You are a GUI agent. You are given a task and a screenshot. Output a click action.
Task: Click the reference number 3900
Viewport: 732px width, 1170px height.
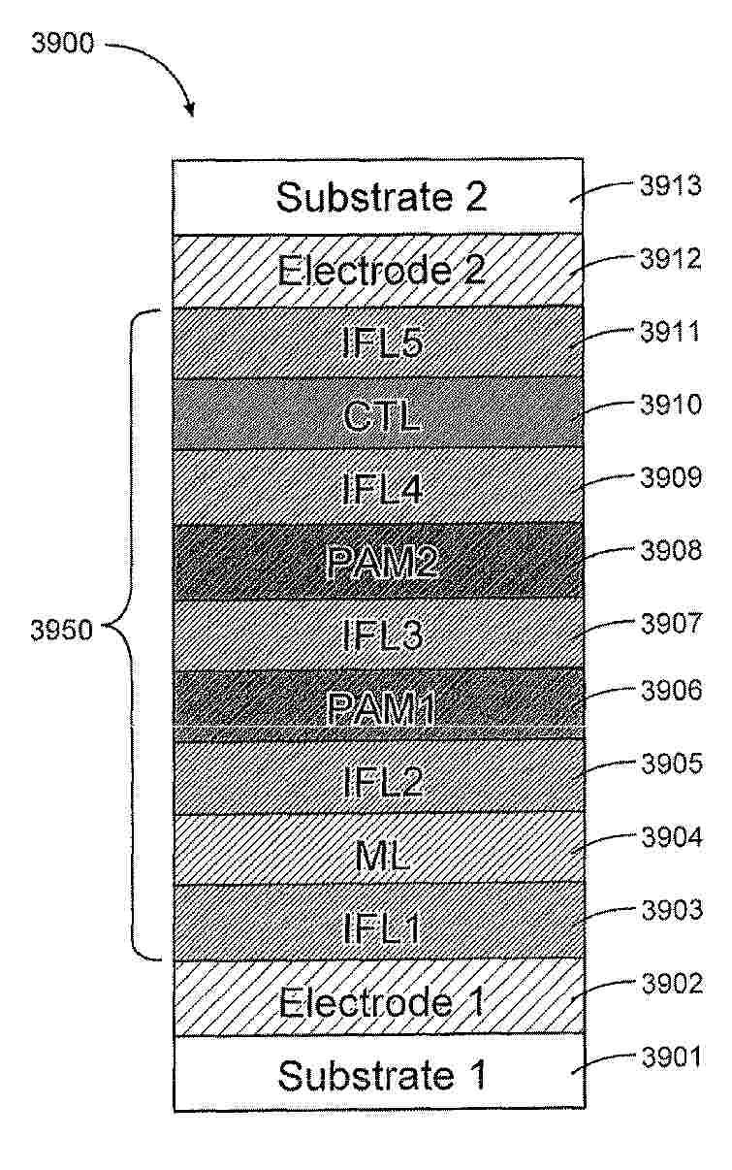point(62,44)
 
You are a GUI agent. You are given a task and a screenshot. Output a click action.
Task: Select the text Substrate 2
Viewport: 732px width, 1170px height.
point(382,197)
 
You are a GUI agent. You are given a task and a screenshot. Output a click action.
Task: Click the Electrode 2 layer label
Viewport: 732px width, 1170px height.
point(381,270)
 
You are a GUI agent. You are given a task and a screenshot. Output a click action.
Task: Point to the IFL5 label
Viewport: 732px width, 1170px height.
point(382,343)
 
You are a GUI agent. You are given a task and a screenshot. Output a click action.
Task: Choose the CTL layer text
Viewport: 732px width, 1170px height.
point(382,416)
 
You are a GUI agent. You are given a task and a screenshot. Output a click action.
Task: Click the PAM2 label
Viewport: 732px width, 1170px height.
point(382,562)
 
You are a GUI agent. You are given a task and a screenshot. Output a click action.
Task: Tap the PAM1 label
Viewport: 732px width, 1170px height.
point(381,708)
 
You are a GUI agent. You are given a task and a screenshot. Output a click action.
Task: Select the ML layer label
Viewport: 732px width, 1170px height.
point(382,856)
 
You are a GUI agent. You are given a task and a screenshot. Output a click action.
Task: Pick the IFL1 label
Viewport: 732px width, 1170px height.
point(382,928)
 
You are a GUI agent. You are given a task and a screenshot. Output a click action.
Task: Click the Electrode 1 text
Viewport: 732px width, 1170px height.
point(382,1002)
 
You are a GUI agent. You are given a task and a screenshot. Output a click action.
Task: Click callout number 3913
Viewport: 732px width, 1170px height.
point(671,185)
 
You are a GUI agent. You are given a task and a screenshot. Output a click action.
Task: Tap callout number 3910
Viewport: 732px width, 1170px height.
point(671,405)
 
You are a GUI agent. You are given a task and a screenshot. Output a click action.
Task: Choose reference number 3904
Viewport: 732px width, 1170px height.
point(672,837)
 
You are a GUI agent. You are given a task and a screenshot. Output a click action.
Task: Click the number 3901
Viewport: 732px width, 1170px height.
point(672,1057)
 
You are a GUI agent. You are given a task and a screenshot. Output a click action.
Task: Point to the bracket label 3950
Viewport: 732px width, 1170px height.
point(62,630)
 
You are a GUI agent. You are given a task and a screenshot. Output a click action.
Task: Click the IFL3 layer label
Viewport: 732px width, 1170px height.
point(382,635)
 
